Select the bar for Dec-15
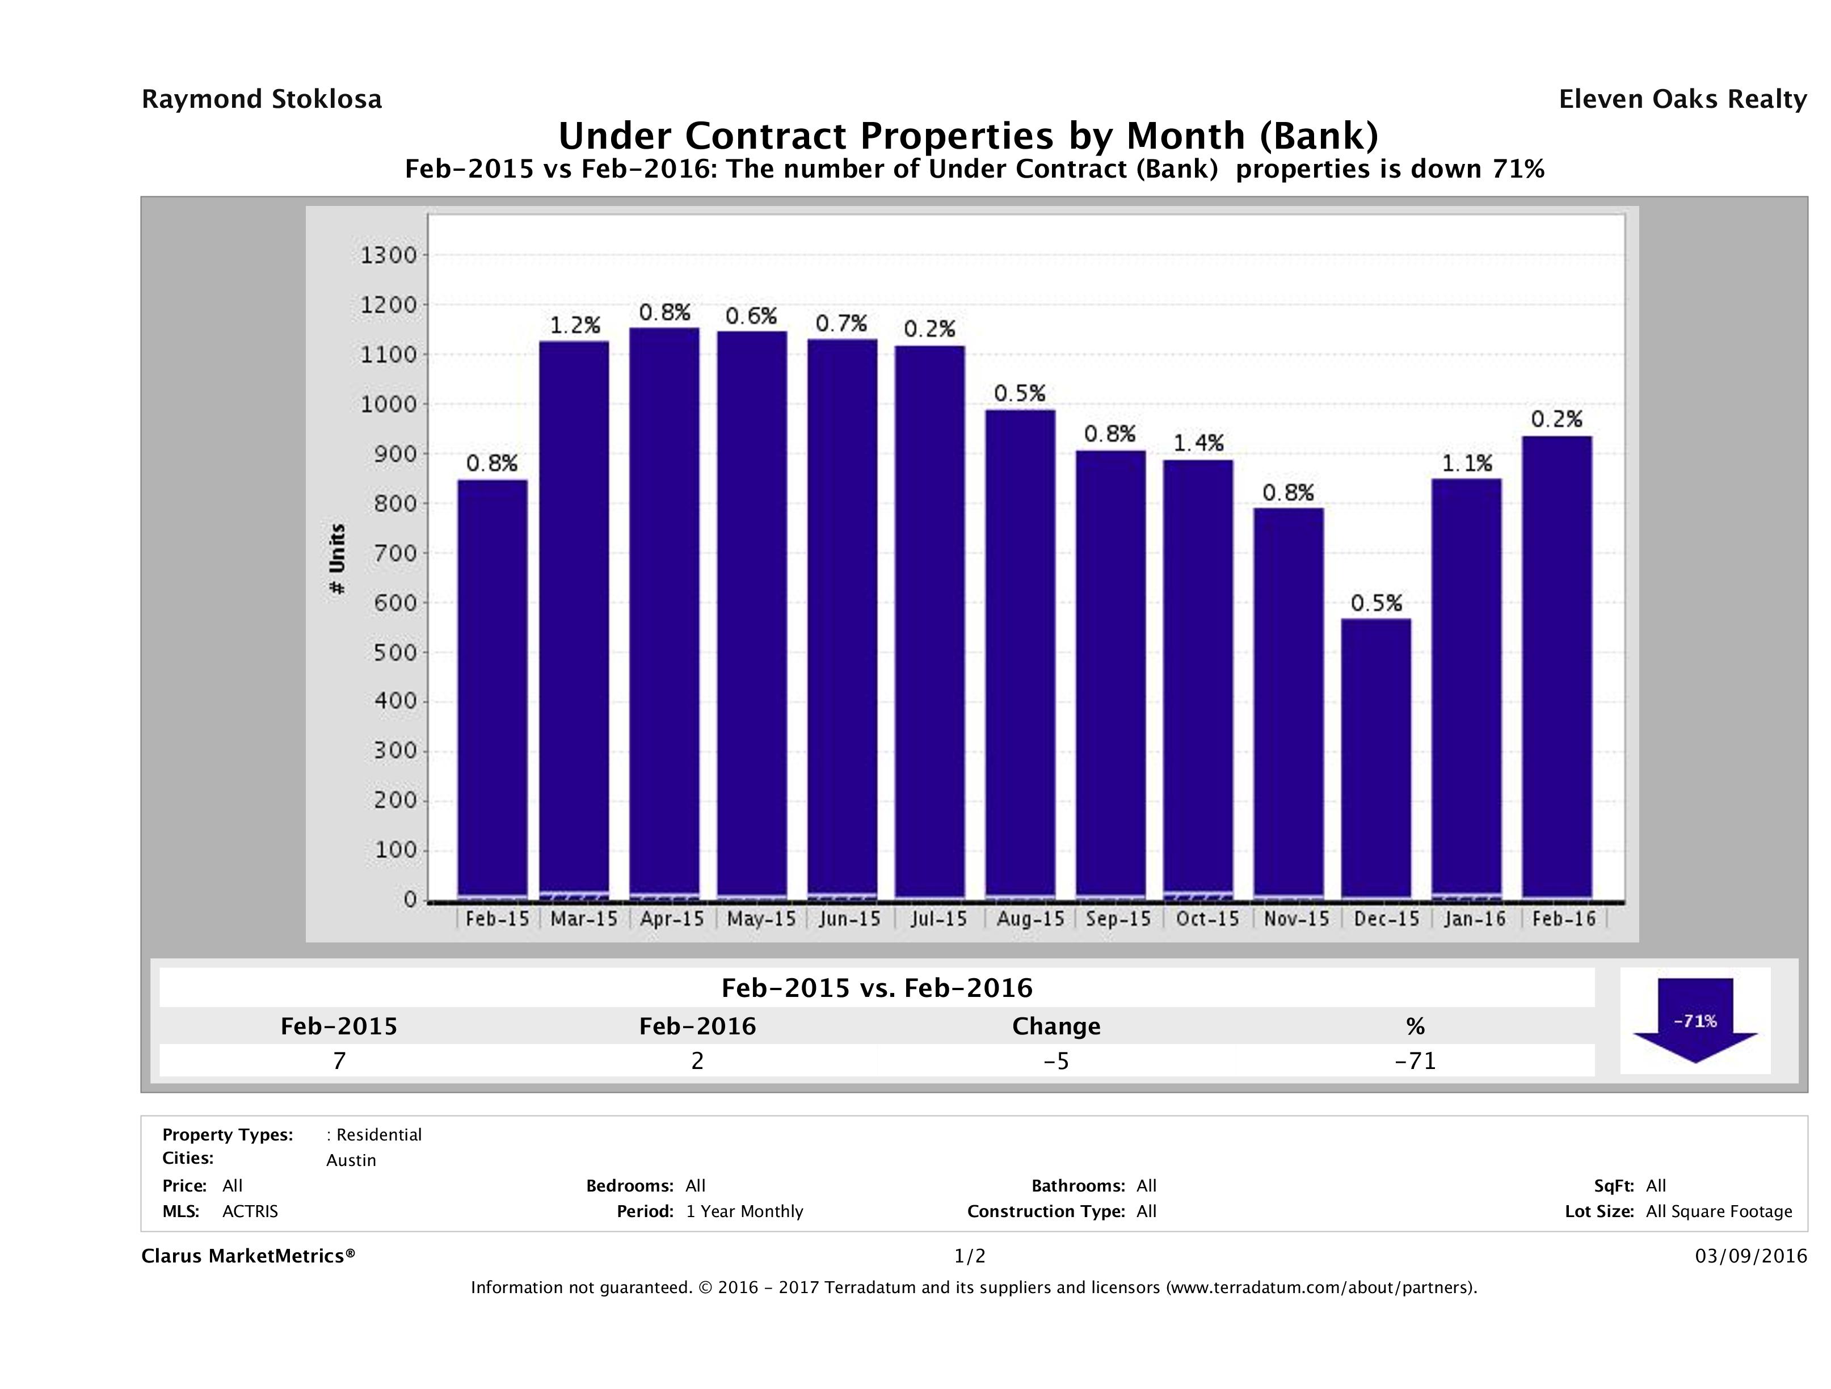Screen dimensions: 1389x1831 click(x=1376, y=757)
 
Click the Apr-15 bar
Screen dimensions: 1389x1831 click(x=664, y=613)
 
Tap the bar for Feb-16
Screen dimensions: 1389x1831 click(x=1556, y=666)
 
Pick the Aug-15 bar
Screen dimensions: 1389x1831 click(x=1020, y=654)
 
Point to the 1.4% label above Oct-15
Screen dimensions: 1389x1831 click(x=1198, y=444)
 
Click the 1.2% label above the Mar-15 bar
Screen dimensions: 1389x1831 click(x=575, y=325)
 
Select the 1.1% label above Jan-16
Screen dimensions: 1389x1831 click(x=1467, y=464)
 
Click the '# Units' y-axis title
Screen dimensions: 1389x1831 click(x=337, y=559)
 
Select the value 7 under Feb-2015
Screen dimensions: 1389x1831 click(x=339, y=1061)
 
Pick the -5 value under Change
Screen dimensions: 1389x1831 click(x=1056, y=1061)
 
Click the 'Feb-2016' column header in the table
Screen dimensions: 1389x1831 click(x=697, y=1026)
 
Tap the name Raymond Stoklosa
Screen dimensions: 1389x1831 click(x=262, y=99)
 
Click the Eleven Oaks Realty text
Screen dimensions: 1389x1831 click(x=1682, y=99)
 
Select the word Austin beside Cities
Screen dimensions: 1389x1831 click(x=351, y=1160)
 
